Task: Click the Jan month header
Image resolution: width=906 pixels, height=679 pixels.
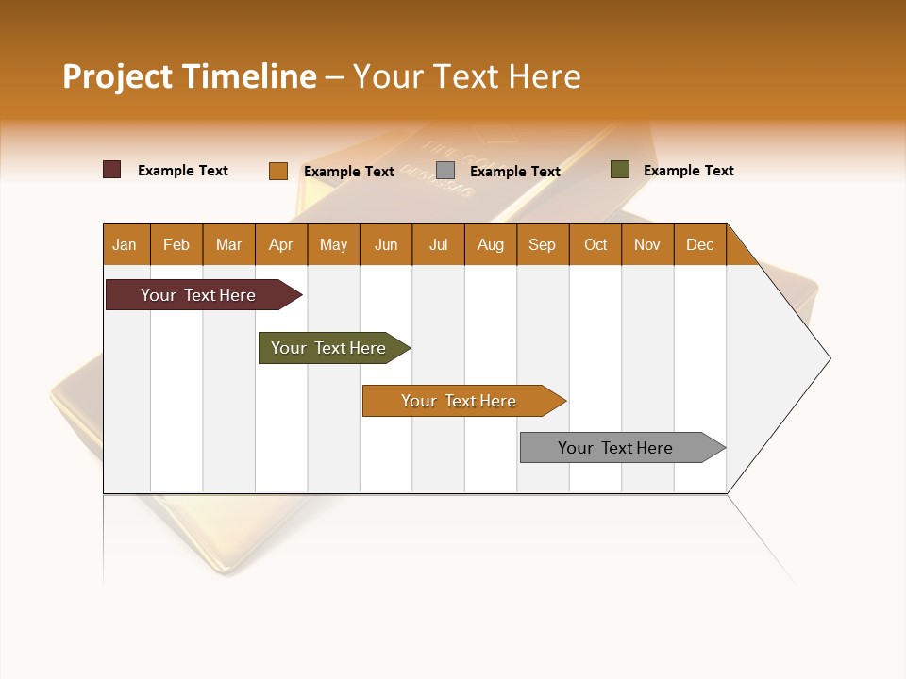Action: (126, 244)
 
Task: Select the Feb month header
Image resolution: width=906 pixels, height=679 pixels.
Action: (176, 244)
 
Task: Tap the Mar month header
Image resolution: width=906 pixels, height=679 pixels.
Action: (228, 244)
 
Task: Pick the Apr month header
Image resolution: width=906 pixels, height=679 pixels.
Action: (281, 244)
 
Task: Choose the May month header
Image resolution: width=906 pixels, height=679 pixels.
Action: (333, 244)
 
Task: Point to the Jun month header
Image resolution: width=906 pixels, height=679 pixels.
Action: (386, 244)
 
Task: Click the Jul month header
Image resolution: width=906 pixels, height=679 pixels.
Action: (438, 244)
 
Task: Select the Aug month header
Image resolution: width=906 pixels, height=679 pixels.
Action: (491, 244)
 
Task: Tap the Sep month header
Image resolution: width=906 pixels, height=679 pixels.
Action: (543, 244)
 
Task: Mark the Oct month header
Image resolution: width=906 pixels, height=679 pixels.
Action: (596, 244)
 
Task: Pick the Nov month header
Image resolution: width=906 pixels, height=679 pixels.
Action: (647, 244)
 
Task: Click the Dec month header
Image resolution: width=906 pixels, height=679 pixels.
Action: (700, 244)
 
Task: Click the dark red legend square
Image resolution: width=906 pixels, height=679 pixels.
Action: (112, 170)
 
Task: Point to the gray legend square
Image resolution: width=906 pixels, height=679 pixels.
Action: (445, 171)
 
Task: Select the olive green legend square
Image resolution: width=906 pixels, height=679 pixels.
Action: (619, 170)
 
